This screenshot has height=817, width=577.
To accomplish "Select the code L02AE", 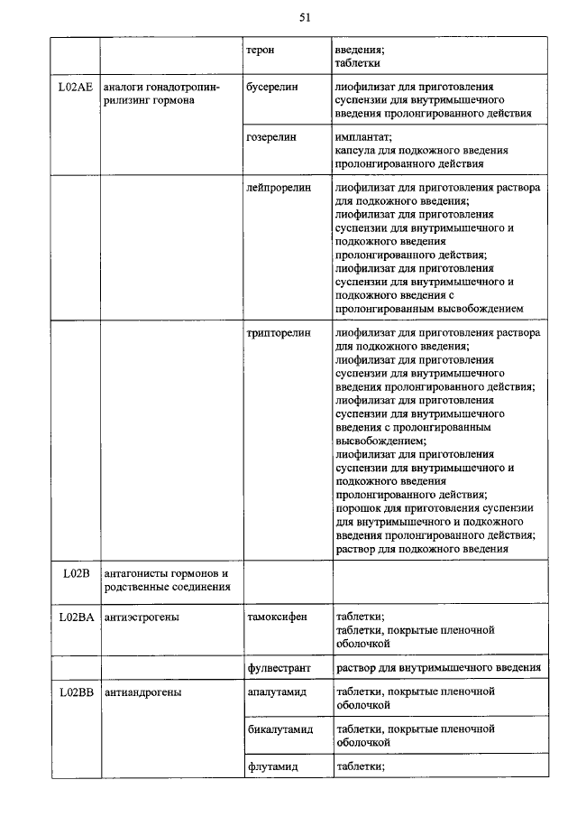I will tap(71, 87).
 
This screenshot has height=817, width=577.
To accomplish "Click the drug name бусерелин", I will tap(272, 87).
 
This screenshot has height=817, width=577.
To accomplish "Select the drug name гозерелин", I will tap(272, 137).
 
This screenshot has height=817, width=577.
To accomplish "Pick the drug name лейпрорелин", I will tap(277, 188).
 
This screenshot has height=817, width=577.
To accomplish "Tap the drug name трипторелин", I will tap(278, 333).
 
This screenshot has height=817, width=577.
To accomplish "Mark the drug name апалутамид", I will tap(277, 692).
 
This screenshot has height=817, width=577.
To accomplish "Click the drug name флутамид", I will tap(272, 766).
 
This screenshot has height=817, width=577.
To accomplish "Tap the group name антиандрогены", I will tap(142, 692).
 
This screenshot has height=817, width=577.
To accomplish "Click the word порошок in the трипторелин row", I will tap(359, 508).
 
